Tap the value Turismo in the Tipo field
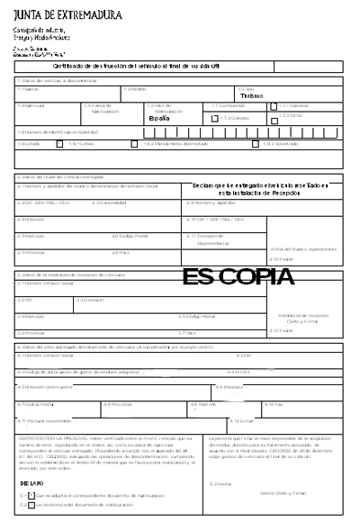251,95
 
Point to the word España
158,118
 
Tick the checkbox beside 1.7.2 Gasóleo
213,118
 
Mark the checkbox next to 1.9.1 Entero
59,143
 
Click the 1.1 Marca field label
29,89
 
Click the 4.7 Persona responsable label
44,420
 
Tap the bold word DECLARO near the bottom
31,483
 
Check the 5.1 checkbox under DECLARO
31,494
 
